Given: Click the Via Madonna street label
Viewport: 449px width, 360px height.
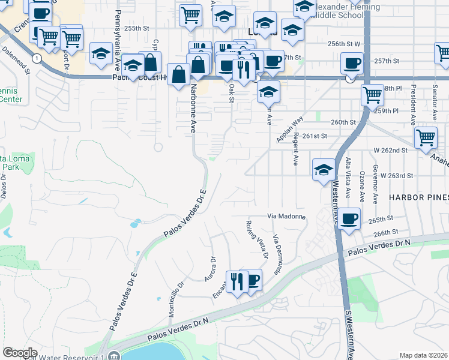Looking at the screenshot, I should coord(286,216).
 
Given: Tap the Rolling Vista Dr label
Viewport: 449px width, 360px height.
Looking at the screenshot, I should coord(256,240).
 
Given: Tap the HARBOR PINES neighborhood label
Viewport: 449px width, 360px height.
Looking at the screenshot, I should coord(418,197).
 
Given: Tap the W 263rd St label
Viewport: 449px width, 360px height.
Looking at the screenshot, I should coord(398,176).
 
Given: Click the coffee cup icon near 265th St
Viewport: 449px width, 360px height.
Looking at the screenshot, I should coord(349,219).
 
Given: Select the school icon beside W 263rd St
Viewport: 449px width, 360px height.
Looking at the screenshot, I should coord(324,169).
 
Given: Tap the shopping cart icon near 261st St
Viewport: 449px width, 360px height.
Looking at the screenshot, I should coord(426,137).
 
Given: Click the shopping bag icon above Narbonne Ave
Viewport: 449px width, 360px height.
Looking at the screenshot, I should coord(179,75).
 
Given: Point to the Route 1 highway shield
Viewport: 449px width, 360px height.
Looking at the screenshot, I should coord(37,58).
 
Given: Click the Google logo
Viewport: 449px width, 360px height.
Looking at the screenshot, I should coord(20,353).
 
